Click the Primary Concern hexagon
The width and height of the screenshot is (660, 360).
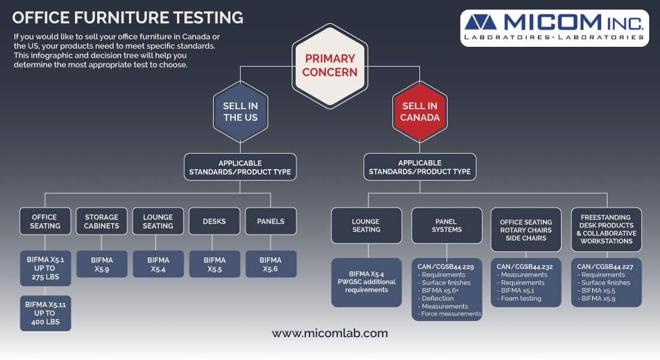click(329, 66)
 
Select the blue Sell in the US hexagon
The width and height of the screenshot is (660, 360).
click(240, 112)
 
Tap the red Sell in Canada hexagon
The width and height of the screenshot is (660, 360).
click(419, 112)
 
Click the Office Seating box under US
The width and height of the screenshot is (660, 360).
click(45, 221)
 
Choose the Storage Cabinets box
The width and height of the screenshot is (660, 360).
click(101, 221)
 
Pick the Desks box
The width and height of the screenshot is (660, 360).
click(214, 221)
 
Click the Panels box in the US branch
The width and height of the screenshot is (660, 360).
click(271, 221)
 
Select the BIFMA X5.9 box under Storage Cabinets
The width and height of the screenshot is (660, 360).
click(101, 264)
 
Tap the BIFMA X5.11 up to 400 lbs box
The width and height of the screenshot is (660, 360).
click(45, 313)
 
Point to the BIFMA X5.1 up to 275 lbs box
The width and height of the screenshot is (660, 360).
click(45, 268)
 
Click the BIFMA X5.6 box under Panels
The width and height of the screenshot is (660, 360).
click(271, 264)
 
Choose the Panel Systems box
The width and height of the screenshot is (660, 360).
click(446, 225)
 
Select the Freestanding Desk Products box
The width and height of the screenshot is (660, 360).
click(606, 229)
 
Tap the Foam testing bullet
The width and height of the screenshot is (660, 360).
click(521, 298)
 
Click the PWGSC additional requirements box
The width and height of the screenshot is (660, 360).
click(367, 282)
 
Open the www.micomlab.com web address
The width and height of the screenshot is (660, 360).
click(329, 334)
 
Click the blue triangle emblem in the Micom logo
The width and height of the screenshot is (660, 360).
click(480, 22)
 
